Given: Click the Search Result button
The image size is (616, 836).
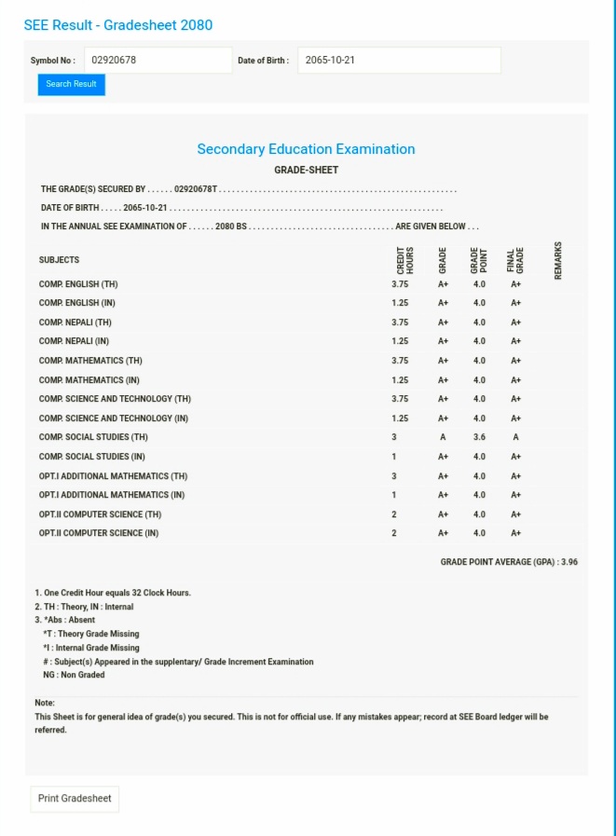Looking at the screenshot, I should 72,85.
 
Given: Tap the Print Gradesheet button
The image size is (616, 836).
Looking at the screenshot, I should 75,799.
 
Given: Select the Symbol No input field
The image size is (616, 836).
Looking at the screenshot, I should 157,61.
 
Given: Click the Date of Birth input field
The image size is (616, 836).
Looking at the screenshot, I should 399,61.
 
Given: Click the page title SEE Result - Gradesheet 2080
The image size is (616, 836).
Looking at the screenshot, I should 118,25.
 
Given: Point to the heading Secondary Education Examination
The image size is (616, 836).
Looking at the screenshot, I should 306,149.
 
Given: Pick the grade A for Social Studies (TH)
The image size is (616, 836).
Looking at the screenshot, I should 443,437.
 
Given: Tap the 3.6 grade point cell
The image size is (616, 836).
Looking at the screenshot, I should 479,437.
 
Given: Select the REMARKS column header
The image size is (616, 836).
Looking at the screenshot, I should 558,259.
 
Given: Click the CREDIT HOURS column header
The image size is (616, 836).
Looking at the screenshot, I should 404,260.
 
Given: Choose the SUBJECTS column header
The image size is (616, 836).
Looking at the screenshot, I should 60,260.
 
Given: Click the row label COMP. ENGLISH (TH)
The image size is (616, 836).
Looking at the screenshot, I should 78,284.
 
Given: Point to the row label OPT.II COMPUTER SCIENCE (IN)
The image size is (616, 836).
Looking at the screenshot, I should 99,533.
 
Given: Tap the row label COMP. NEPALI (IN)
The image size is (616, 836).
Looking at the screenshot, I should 75,341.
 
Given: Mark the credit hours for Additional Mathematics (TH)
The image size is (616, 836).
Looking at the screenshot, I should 394,476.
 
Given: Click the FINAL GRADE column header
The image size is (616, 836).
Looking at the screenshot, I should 515,260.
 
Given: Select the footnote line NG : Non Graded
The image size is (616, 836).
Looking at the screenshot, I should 74,675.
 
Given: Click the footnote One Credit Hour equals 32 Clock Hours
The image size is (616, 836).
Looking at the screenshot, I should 113,593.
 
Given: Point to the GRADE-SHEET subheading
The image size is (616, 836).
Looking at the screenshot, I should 306,171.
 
